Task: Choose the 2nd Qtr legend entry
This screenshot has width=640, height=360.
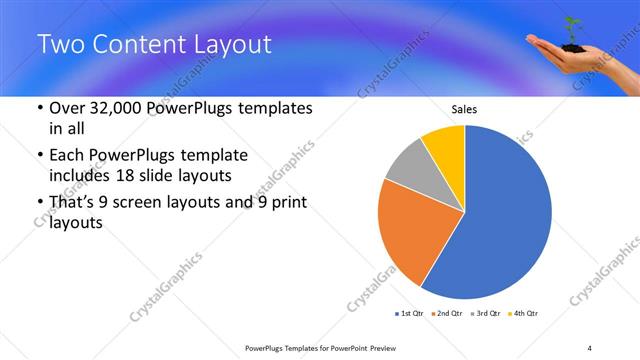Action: coord(446,314)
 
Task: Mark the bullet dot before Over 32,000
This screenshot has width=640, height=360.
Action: coord(38,108)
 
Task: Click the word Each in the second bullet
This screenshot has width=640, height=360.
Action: coord(69,156)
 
